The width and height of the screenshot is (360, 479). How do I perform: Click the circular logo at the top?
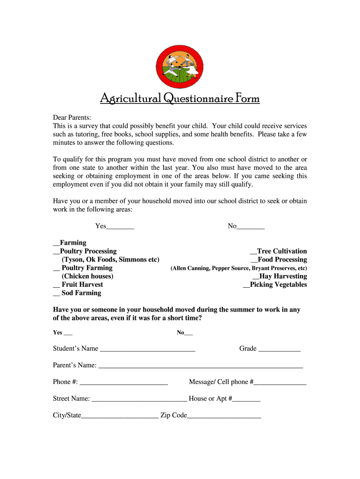[180, 64]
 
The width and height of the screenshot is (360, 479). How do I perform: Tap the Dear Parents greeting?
[72, 117]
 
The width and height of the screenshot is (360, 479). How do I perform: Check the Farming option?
[57, 243]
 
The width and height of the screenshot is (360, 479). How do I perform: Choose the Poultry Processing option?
[57, 252]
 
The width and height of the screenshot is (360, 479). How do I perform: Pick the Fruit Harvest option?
[56, 285]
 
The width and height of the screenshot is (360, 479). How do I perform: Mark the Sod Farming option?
[56, 293]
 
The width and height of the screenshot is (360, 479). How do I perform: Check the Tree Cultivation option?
[254, 252]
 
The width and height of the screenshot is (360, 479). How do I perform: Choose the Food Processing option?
[254, 260]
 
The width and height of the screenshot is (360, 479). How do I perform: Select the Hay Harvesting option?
[256, 276]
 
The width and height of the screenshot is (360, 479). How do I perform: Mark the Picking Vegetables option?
[246, 285]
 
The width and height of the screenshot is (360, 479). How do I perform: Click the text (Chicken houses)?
[87, 276]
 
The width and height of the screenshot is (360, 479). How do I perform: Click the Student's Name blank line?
[147, 349]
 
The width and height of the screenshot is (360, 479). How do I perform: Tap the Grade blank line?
[279, 349]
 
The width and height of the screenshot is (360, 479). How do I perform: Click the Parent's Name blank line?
[201, 366]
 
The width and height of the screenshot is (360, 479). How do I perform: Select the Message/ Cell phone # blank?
[280, 383]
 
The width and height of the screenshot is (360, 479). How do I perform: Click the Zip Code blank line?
[224, 416]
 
